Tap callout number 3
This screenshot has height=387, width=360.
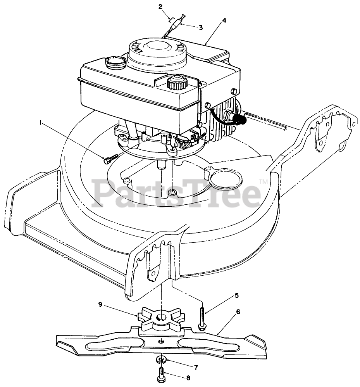[200, 27]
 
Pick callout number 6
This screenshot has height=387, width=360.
[238, 311]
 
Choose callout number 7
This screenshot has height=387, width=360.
[196, 366]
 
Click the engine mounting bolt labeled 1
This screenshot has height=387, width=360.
[111, 158]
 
